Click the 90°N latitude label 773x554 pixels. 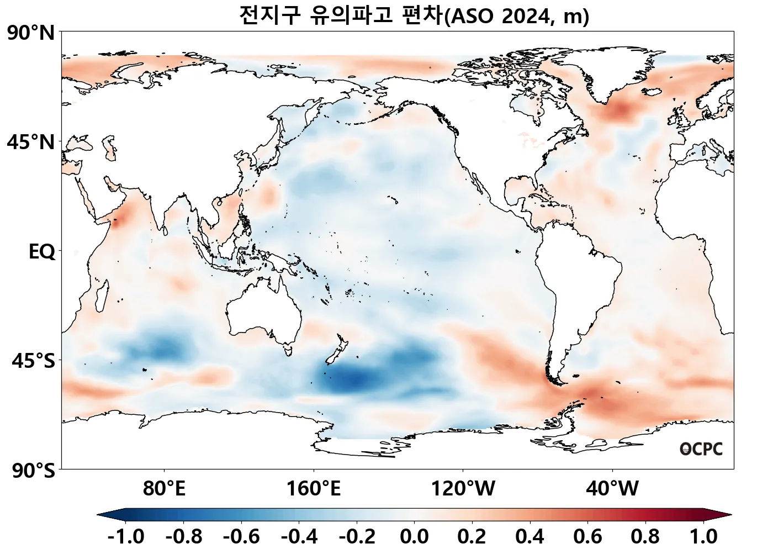pos(31,34)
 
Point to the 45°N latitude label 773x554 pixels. pos(31,143)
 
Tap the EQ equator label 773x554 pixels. pos(42,252)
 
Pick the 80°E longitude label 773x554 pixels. pos(164,488)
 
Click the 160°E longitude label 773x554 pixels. pos(313,488)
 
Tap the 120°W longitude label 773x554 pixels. pos(463,488)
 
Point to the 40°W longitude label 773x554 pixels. pos(612,488)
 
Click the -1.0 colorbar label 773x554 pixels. pos(126,536)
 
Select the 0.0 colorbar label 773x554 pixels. pos(414,536)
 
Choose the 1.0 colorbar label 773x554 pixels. pos(703,536)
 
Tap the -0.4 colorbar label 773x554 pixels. pos(299,536)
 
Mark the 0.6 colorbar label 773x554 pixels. pos(588,536)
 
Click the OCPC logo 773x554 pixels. pos(701,449)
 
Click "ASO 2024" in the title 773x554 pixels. pos(499,16)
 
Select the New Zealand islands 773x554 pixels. pos(337,353)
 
